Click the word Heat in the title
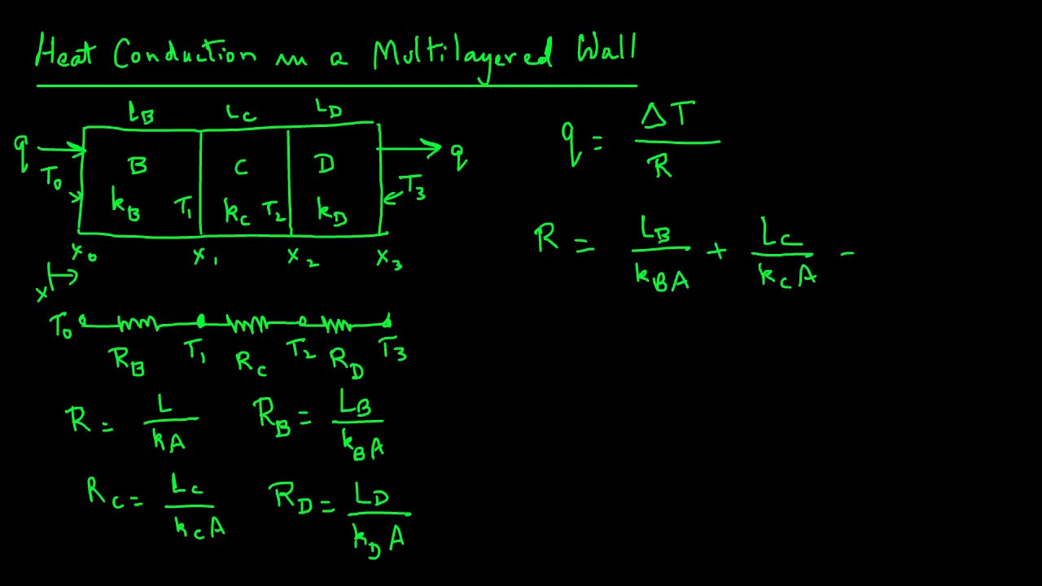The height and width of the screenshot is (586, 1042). [x=65, y=55]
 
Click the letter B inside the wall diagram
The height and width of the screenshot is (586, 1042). [x=138, y=166]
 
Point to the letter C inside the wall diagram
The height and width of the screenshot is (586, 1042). [x=241, y=168]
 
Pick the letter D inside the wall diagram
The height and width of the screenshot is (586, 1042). [x=326, y=165]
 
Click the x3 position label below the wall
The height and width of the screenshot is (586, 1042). [x=388, y=259]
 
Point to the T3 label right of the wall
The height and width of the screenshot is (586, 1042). [x=411, y=187]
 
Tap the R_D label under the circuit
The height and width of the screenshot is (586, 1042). [x=346, y=361]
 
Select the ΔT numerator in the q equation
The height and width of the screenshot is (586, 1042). [x=668, y=116]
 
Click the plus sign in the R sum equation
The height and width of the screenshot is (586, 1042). [x=716, y=252]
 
